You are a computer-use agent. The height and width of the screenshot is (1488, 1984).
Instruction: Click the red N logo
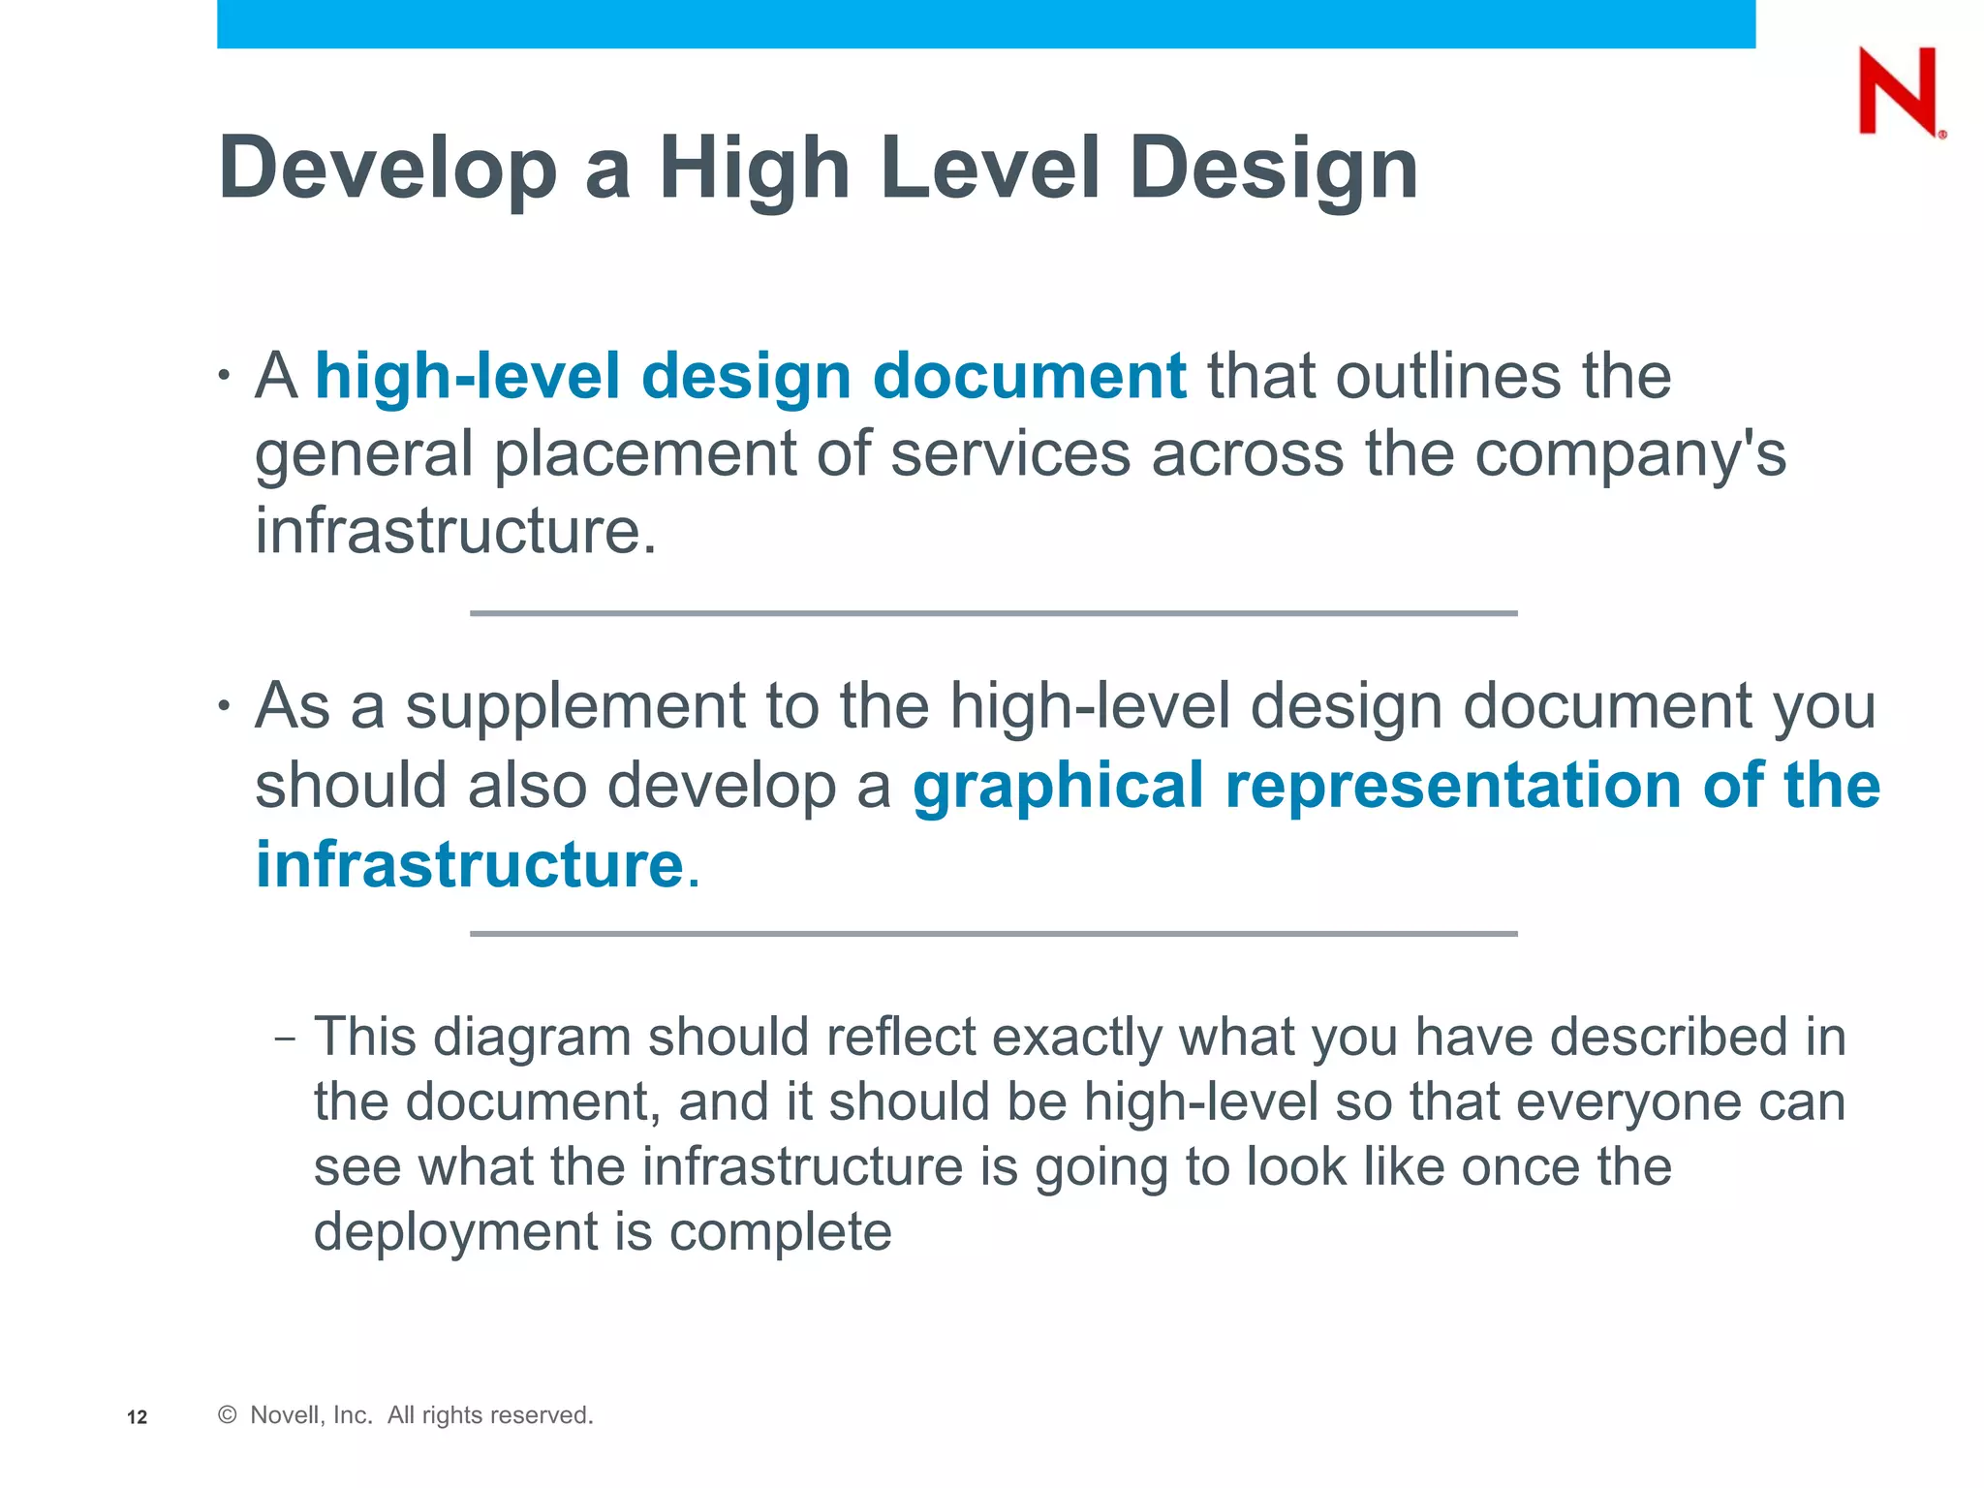click(1898, 91)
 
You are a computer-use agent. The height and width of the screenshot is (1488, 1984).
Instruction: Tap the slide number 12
click(137, 1417)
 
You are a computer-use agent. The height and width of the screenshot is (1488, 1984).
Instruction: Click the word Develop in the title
click(387, 169)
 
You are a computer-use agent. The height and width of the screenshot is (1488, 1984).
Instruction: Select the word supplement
click(575, 706)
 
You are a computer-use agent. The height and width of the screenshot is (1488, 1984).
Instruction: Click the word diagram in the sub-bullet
click(532, 1037)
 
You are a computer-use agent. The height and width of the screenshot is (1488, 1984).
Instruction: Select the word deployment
click(455, 1232)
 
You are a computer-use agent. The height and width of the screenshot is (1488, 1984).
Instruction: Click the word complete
click(780, 1232)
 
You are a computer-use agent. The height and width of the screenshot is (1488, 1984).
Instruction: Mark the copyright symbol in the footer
click(228, 1415)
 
